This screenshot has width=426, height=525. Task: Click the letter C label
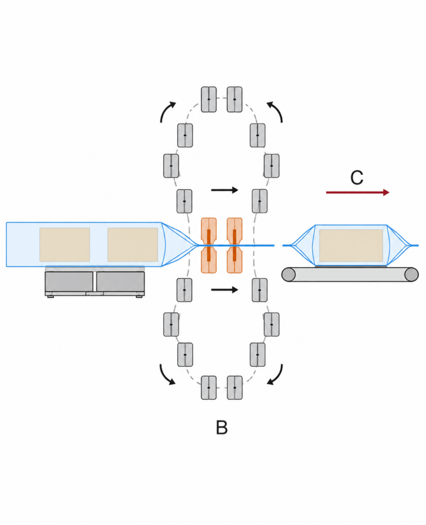(x=357, y=177)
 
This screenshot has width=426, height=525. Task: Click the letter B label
(x=221, y=428)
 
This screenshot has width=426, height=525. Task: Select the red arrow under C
(x=358, y=193)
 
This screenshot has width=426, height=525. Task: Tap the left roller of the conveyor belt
(x=288, y=275)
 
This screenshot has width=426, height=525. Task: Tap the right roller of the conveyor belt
(x=412, y=275)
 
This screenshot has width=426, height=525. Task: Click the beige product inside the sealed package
(x=351, y=246)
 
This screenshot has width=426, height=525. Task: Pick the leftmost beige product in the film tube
(x=65, y=245)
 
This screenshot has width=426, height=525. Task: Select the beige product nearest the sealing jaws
(x=133, y=245)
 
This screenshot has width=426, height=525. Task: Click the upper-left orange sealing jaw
(x=209, y=231)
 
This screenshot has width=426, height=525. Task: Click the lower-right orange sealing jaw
(x=234, y=260)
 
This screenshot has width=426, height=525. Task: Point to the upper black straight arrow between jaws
(x=225, y=190)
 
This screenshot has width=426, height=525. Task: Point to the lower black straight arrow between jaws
(x=225, y=290)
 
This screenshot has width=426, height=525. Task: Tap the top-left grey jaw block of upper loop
(x=209, y=99)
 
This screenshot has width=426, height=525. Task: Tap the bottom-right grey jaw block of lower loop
(x=234, y=388)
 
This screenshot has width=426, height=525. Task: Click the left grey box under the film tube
(x=69, y=281)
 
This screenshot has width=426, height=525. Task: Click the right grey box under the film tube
(x=120, y=281)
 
